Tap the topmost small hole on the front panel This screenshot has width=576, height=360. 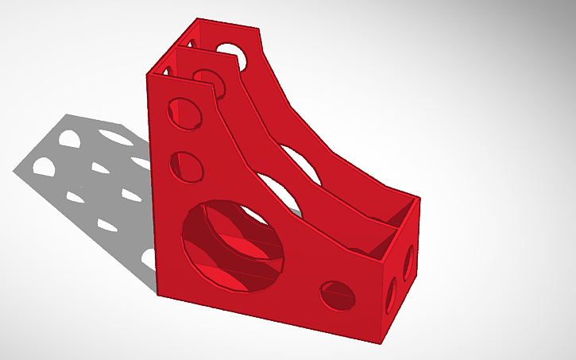click(184, 111)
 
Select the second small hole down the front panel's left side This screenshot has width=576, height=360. click(187, 165)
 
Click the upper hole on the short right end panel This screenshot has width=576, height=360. click(408, 262)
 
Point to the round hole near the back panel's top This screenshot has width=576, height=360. click(231, 56)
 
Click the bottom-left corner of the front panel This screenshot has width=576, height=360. click(157, 295)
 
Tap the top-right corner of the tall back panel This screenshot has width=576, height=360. click(259, 30)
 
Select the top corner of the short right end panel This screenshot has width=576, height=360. click(418, 198)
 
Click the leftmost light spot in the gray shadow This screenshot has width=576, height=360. click(42, 167)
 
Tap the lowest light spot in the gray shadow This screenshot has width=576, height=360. click(148, 256)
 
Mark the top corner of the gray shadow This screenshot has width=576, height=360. click(68, 114)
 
